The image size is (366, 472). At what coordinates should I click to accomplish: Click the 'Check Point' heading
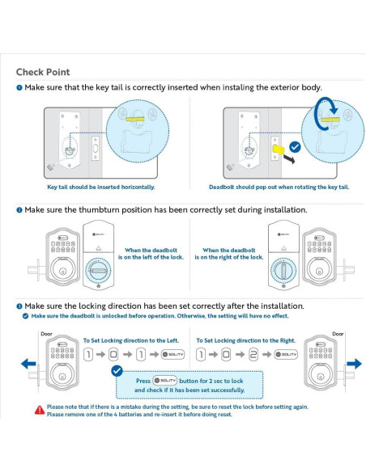[x=43, y=72]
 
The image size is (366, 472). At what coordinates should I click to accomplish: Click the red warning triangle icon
[x=40, y=410]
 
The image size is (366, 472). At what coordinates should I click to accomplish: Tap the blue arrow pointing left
[x=28, y=364]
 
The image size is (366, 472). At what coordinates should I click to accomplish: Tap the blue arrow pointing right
[x=354, y=364]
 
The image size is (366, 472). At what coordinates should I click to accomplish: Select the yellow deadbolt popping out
[x=279, y=150]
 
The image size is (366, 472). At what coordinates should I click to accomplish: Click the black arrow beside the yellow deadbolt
[x=289, y=159]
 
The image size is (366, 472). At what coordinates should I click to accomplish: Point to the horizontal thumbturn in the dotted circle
[x=98, y=271]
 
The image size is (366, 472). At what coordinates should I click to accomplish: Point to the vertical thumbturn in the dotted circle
[x=283, y=270]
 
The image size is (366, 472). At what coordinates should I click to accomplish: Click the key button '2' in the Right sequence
[x=253, y=355]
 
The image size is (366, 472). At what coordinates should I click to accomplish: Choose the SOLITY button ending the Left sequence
[x=172, y=354]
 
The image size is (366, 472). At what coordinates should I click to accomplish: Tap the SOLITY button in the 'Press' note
[x=164, y=381]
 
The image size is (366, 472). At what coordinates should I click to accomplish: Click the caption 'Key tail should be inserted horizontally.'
[x=101, y=187]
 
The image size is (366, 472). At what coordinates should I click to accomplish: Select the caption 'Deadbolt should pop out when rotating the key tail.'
[x=279, y=187]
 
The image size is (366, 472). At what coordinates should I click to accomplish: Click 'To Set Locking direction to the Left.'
[x=131, y=340]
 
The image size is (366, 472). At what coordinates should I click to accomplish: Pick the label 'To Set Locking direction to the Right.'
[x=245, y=340]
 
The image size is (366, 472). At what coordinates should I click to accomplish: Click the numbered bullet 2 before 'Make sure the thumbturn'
[x=19, y=210]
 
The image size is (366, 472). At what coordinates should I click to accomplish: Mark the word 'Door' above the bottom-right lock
[x=338, y=334]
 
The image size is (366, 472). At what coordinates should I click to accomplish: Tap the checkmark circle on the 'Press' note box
[x=117, y=371]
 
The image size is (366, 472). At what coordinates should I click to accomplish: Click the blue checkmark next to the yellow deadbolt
[x=295, y=147]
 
